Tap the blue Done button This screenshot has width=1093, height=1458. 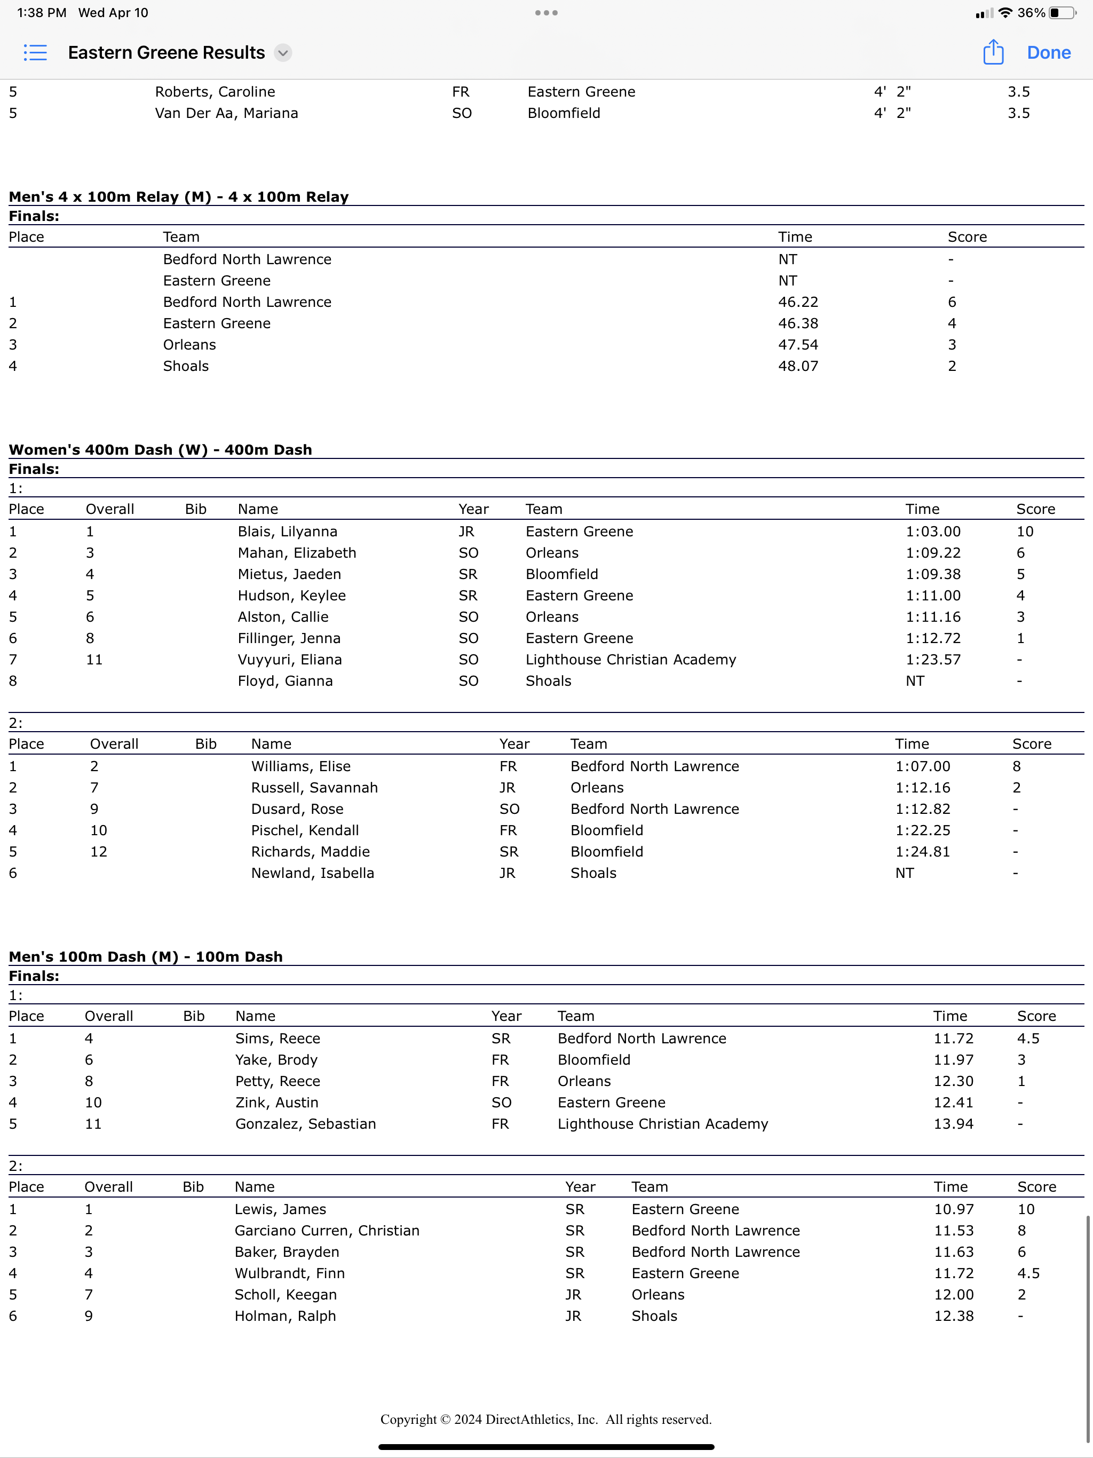pos(1048,53)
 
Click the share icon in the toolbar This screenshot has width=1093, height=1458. pos(993,52)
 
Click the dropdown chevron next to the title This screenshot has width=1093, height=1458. pos(283,53)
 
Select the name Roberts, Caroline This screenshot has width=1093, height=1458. pos(215,92)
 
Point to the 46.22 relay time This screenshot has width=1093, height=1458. pos(798,302)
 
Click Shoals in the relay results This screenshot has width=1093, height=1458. pos(186,366)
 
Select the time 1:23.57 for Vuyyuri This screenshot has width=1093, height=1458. pos(933,659)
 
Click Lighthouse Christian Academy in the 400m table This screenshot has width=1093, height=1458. pos(630,659)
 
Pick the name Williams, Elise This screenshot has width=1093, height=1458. pos(300,766)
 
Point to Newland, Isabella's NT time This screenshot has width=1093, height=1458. pos(905,873)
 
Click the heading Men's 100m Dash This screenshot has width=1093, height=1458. pos(146,956)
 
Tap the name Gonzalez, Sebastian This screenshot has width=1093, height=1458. pos(305,1124)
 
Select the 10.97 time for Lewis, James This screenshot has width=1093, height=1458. pos(953,1209)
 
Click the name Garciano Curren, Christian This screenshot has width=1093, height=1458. pos(327,1231)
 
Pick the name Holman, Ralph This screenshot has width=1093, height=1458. pos(285,1316)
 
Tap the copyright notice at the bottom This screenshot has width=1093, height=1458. pos(546,1419)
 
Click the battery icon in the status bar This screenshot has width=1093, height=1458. pos(1062,12)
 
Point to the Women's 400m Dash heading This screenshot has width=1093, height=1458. pos(160,449)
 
